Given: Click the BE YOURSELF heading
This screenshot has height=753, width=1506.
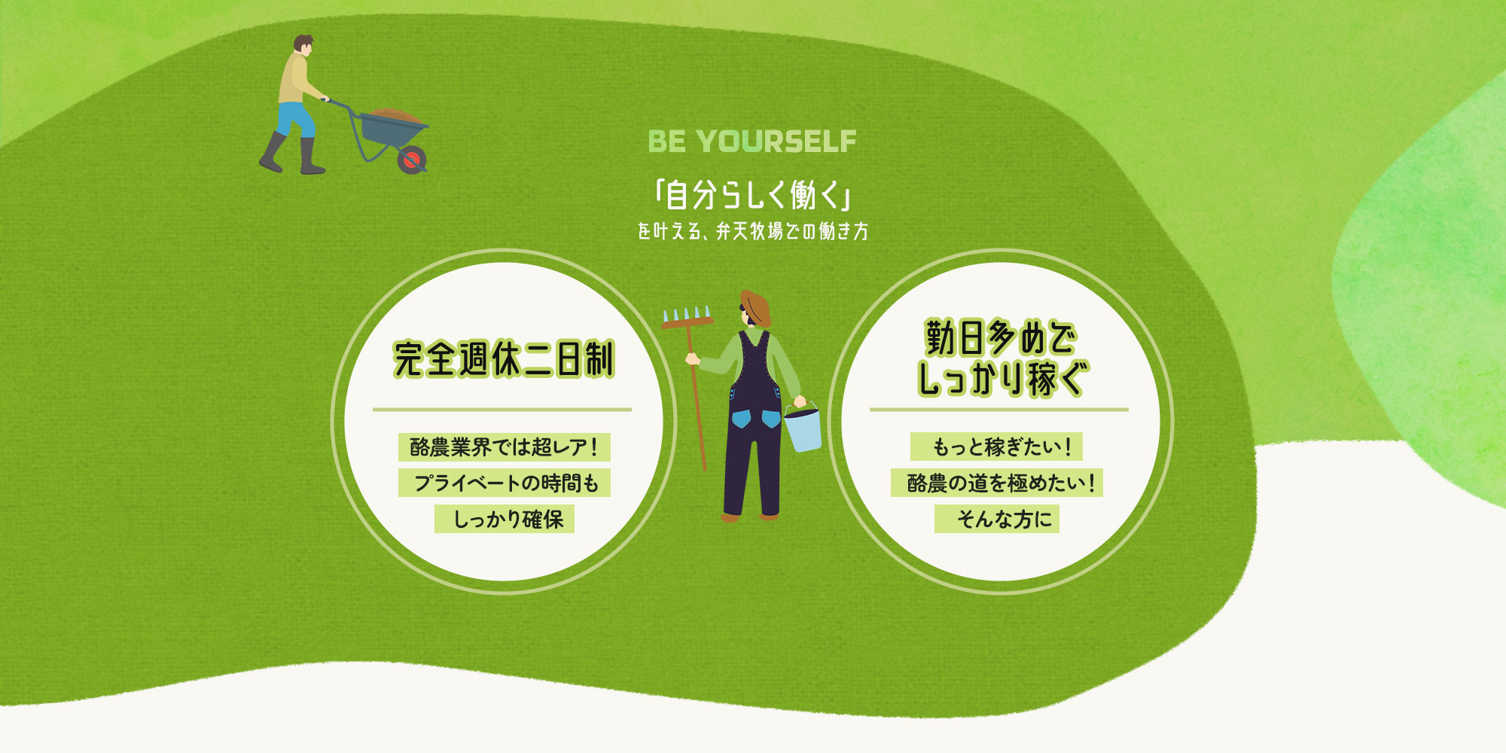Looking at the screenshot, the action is point(752,141).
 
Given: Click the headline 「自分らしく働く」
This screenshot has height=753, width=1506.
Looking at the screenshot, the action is point(753,196).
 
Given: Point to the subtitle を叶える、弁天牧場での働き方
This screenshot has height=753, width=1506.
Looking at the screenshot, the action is point(753,231).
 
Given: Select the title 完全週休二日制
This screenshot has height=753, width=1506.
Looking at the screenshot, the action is point(504,359).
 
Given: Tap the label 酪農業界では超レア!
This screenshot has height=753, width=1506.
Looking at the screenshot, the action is point(504,447).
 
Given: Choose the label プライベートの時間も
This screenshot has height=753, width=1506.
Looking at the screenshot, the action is point(505,483).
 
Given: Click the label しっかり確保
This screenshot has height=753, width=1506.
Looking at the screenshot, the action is point(505,519).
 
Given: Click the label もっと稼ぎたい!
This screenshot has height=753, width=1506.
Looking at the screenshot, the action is point(996,447).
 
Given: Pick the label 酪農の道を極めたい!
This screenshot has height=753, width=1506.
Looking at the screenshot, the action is point(997,483).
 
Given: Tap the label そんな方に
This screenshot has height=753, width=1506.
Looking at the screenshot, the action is point(997,519).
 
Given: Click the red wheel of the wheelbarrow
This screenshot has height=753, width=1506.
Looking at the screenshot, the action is point(412,160).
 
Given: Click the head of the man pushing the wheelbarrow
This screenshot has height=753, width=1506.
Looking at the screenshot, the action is point(303,45).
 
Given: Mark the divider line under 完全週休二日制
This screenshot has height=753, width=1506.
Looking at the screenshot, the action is point(502,410).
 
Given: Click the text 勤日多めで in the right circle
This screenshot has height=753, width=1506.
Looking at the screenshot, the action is point(1000,338).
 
